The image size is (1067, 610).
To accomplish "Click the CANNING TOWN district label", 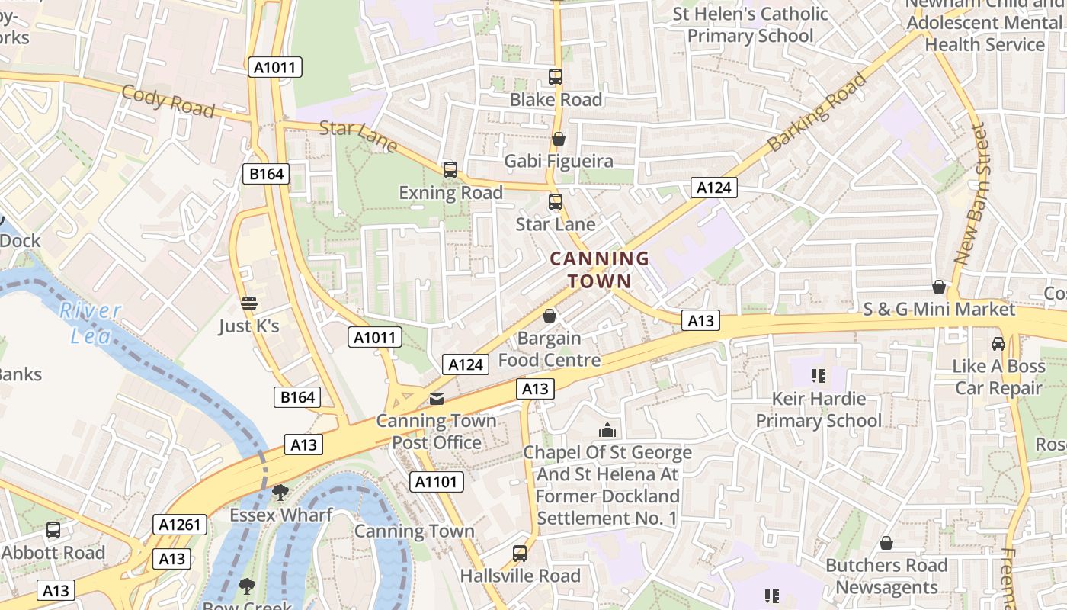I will (600, 269).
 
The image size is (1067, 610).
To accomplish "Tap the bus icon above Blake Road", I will (556, 76).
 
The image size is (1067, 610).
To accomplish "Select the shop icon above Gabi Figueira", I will (559, 139).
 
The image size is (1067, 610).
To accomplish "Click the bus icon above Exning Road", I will (450, 169).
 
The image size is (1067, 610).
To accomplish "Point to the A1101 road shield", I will (437, 481).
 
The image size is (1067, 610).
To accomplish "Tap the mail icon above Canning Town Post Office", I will (436, 398).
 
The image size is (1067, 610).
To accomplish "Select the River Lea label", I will (91, 323).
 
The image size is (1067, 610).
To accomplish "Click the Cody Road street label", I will (168, 101).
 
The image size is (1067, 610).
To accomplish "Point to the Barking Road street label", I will (817, 112).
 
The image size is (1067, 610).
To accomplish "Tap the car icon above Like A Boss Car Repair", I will (998, 344).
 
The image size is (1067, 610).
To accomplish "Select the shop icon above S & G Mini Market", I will (939, 287).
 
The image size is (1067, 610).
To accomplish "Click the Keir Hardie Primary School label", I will (819, 409).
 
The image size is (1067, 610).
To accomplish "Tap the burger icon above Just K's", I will (248, 303).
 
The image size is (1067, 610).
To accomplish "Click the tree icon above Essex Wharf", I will (280, 492).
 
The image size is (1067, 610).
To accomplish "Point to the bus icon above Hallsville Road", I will (520, 553).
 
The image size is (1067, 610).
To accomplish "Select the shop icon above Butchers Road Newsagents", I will (886, 543).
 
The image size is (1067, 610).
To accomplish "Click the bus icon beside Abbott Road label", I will (53, 529).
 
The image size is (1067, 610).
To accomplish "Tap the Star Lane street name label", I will (358, 135).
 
